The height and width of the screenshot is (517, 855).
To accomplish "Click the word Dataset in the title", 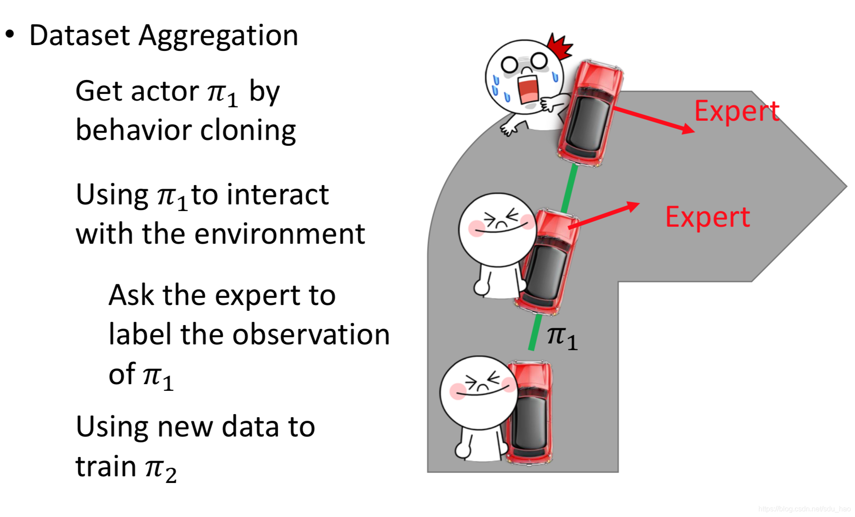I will click(x=80, y=35).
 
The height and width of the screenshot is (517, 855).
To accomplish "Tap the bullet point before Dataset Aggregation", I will click(x=10, y=34).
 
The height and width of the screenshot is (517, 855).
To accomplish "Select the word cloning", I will click(x=248, y=131).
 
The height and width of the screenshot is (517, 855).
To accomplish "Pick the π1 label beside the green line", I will click(x=562, y=338).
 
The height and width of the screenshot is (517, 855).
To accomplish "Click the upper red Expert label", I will click(x=736, y=111).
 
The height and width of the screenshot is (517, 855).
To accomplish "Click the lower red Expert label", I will click(x=707, y=218).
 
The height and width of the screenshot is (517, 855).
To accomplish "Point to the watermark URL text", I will click(x=804, y=509).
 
